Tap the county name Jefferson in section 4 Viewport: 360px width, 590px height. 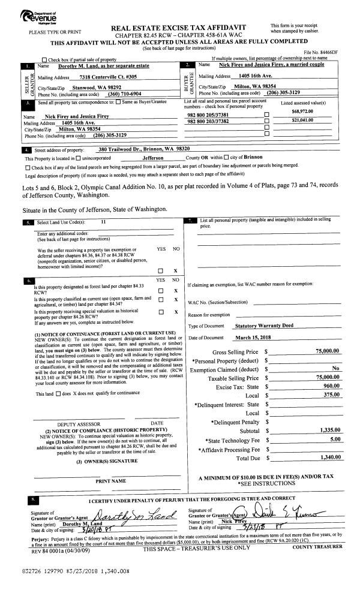click(155, 157)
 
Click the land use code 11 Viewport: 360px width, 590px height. click(103, 222)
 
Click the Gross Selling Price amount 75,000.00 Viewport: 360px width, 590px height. click(328, 351)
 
